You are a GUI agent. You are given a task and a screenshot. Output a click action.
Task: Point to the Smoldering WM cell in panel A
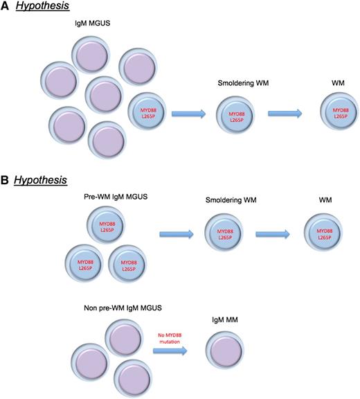237,114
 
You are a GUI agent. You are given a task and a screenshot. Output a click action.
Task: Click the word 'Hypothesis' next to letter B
41,180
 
